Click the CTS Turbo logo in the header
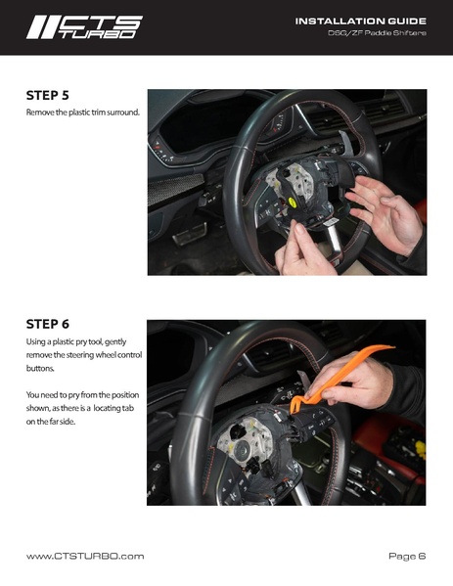pos(84,27)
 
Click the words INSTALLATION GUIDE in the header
pos(361,21)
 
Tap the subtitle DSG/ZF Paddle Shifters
pos(377,33)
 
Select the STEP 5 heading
pos(48,95)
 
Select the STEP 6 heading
pos(48,324)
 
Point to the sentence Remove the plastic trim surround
pos(82,113)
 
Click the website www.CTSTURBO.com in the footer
pos(85,556)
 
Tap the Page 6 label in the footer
pos(407,556)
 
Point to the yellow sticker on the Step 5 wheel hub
pos(293,203)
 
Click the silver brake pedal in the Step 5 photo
pos(190,235)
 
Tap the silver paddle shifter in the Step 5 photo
pos(345,142)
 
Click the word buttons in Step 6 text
pos(40,368)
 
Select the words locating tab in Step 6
pos(113,408)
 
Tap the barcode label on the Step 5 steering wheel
pos(331,222)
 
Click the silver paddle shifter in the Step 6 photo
pos(304,380)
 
